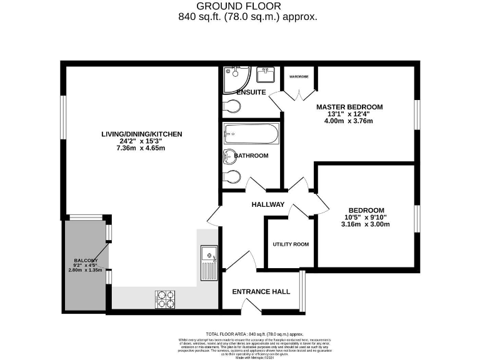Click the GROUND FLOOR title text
coord(239,6)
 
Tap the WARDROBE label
coord(299,77)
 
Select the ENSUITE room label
coord(251,92)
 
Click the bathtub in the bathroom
coord(250,134)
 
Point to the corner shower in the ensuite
coord(236,77)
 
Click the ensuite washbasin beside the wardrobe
coord(266,75)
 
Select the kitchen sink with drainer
coord(207,262)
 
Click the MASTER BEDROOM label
coord(349,107)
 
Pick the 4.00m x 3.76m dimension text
coord(349,121)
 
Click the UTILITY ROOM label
coord(291,244)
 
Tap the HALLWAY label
coord(267,205)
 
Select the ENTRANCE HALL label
coord(261,291)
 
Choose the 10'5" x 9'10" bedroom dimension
coord(366,217)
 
